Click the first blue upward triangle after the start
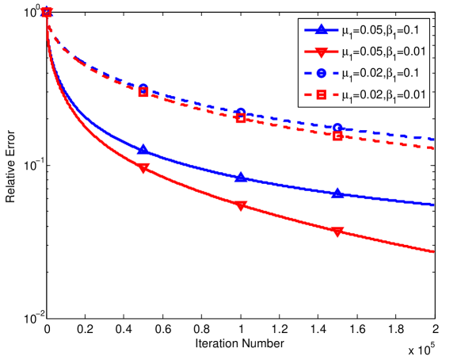(x=143, y=149)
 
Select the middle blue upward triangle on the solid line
(x=241, y=177)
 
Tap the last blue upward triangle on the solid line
(x=337, y=193)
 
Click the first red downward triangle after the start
(x=143, y=168)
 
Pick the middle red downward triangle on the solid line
(x=241, y=206)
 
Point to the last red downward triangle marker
(x=337, y=232)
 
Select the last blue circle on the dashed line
(x=337, y=128)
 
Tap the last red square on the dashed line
(x=337, y=136)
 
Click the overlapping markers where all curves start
(x=47, y=11)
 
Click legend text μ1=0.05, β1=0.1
(x=386, y=31)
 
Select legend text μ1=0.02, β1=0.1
(x=386, y=73)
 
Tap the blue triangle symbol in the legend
(x=320, y=30)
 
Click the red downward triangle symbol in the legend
(x=320, y=52)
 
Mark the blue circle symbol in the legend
(x=320, y=73)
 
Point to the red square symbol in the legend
(x=320, y=94)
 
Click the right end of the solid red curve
(x=434, y=252)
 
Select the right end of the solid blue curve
(x=434, y=205)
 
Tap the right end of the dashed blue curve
(x=434, y=140)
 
